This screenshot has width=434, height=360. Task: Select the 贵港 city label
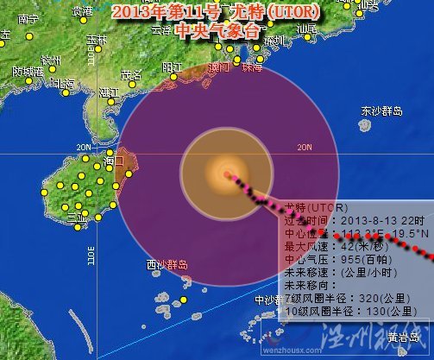coord(83,11)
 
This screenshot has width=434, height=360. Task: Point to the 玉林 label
coord(96,40)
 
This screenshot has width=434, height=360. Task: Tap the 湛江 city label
coord(110,92)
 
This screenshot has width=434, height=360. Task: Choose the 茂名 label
coord(130,74)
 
